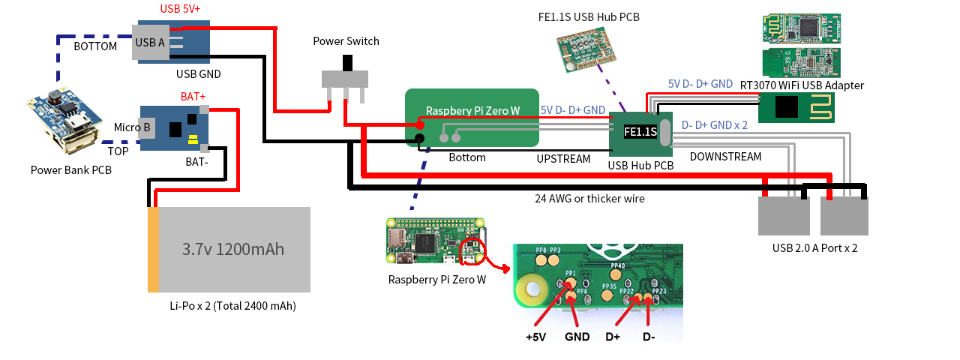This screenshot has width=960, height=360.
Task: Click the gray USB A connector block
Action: click(x=149, y=42)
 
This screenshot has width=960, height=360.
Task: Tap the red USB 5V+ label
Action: click(x=180, y=9)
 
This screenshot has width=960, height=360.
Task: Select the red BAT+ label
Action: click(x=193, y=97)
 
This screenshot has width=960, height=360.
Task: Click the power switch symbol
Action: click(x=346, y=79)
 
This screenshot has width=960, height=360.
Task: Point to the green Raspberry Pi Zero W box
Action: click(x=472, y=118)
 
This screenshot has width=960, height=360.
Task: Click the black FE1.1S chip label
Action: click(x=640, y=132)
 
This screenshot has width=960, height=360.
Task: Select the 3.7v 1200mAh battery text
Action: click(x=233, y=249)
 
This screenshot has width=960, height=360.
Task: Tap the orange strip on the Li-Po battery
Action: click(x=153, y=249)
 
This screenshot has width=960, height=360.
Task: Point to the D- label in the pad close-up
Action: click(x=649, y=337)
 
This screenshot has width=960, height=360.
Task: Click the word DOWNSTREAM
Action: click(x=725, y=157)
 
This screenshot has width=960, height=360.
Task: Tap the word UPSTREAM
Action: click(x=563, y=159)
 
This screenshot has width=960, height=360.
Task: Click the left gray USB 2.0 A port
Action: click(x=783, y=217)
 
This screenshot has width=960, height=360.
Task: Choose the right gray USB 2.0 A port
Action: click(x=844, y=217)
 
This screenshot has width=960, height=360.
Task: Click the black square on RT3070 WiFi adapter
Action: click(x=786, y=108)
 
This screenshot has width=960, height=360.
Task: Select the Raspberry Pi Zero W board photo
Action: click(x=435, y=241)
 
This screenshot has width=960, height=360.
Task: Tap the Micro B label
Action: click(x=132, y=127)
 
